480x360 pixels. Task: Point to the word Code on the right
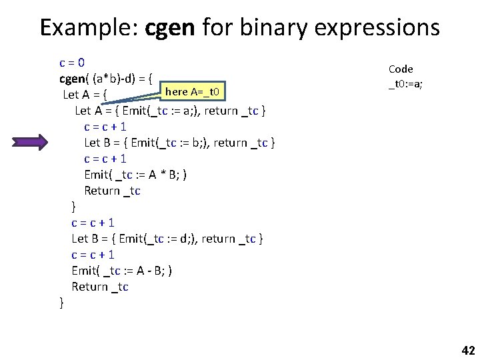click(x=401, y=69)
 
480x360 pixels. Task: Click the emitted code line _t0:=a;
click(x=405, y=85)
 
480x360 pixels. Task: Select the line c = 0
click(x=71, y=63)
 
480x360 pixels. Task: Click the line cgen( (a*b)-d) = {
click(x=107, y=78)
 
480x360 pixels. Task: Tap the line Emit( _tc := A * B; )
click(x=135, y=175)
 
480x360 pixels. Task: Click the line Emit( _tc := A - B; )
click(x=123, y=271)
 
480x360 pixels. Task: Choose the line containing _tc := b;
click(x=180, y=143)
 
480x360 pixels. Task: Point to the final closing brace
click(x=62, y=303)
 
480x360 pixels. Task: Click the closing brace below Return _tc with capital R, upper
click(x=74, y=207)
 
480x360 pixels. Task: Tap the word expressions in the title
click(x=374, y=28)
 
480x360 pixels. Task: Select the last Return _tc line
click(x=100, y=287)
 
